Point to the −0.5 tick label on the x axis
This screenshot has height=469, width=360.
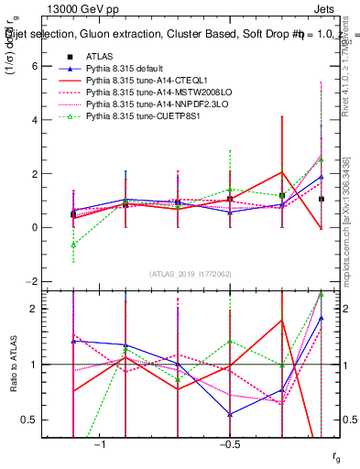click(x=229, y=444)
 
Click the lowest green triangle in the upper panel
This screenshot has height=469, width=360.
click(x=73, y=245)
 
